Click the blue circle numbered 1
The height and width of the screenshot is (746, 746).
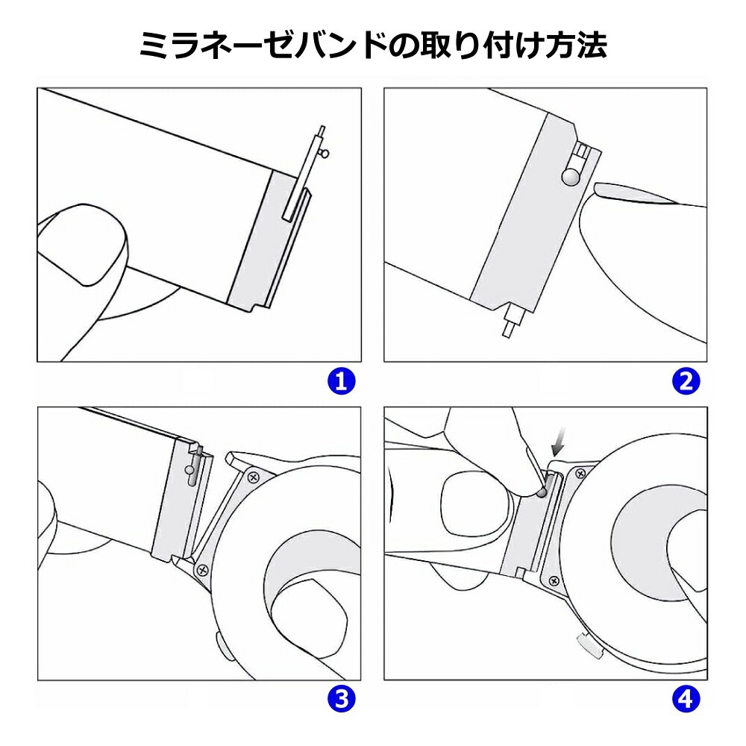coord(341,382)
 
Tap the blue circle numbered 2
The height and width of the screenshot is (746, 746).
coord(686,382)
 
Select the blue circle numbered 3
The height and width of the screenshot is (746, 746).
coord(341,699)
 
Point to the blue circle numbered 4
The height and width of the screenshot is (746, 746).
coord(686,699)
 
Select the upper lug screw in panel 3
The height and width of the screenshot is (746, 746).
coord(255,474)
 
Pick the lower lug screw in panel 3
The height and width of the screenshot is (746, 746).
coord(201,570)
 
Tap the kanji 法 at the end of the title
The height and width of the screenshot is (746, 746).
coord(588,46)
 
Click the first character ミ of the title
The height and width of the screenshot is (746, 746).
coord(159,46)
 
